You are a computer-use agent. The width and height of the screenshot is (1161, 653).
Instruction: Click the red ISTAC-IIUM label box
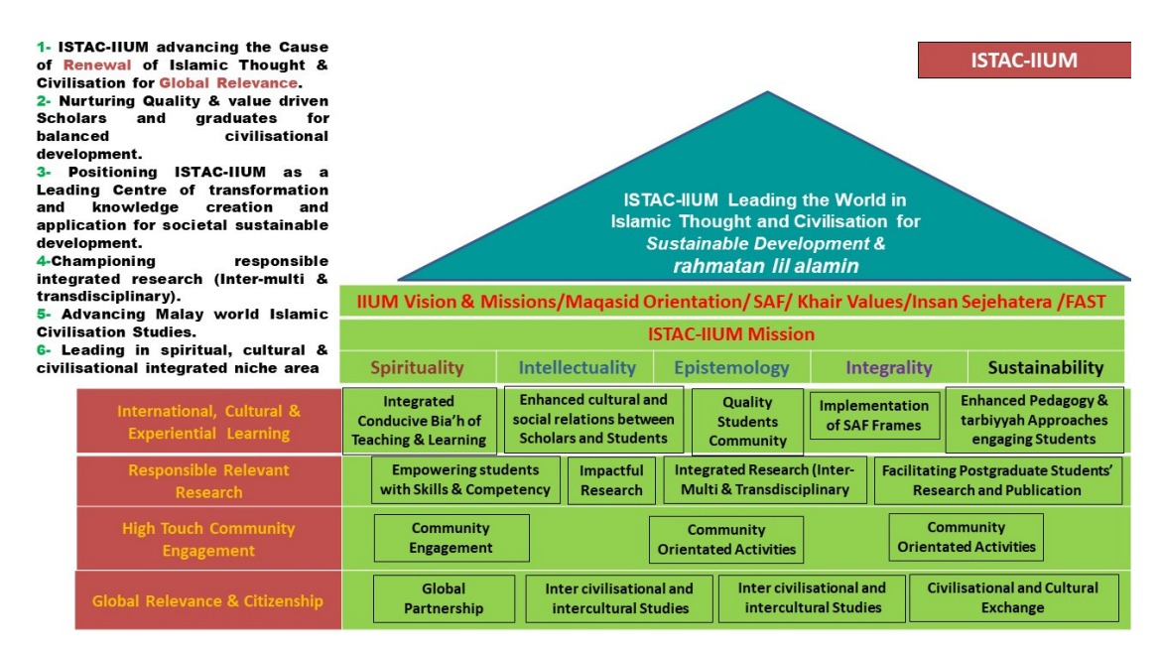tap(1024, 60)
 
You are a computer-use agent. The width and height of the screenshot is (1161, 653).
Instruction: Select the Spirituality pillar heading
tap(417, 367)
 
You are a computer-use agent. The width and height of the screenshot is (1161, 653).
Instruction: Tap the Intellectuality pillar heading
tap(577, 367)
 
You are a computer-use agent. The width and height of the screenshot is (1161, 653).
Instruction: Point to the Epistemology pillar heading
tap(732, 367)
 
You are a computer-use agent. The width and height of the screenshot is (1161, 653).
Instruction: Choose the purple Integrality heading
tap(889, 367)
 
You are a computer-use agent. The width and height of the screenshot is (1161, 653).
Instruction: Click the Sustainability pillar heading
tap(1045, 367)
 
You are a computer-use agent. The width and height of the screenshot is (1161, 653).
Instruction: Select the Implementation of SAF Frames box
tap(873, 416)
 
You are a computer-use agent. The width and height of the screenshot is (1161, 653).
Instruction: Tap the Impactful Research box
tap(611, 480)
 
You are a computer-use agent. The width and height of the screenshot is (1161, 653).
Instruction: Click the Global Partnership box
tap(444, 598)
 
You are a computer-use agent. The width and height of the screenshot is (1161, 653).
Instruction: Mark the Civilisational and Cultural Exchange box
tap(1013, 597)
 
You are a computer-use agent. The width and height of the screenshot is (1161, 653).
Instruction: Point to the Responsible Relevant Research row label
tap(208, 481)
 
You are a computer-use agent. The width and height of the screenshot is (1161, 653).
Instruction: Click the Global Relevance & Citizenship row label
tap(208, 600)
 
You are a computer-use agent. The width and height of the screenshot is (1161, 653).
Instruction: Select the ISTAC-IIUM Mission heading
tap(731, 334)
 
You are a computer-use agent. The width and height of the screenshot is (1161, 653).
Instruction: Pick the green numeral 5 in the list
tap(41, 314)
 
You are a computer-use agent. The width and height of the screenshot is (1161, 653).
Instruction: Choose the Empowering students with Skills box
tap(464, 479)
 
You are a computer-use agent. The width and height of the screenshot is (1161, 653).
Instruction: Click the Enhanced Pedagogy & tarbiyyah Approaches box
tap(1034, 420)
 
